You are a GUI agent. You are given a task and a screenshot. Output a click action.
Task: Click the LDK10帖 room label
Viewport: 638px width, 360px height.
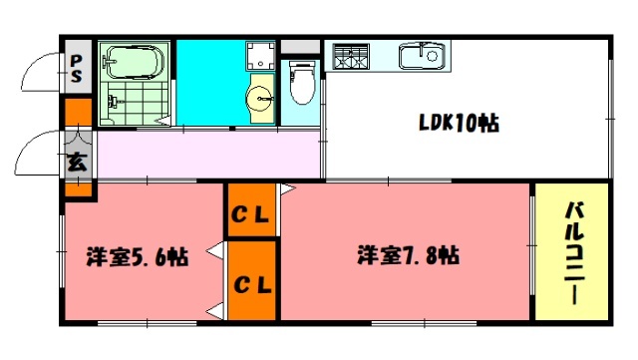[x=459, y=125]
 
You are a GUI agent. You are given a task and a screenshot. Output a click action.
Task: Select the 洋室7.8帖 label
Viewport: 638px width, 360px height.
[x=409, y=255]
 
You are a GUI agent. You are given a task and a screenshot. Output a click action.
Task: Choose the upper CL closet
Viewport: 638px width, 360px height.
[x=252, y=212]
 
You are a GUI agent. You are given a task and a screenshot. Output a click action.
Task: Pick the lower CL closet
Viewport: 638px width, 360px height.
[x=252, y=284]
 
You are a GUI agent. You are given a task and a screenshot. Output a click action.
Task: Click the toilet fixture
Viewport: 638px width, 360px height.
[x=299, y=84]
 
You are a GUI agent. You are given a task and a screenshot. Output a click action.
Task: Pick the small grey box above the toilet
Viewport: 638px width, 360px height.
[x=300, y=46]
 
